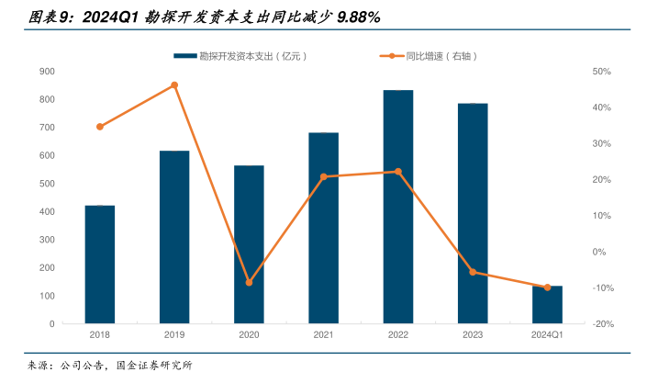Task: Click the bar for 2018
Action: (x=100, y=265)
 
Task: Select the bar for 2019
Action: (x=174, y=237)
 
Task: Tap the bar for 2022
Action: (x=397, y=207)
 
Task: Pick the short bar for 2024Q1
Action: (x=547, y=305)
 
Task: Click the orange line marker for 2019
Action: (x=174, y=85)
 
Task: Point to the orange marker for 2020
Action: (x=249, y=283)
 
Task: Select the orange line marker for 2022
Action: (x=397, y=172)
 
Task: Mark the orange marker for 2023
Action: (x=473, y=272)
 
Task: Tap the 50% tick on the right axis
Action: (x=602, y=72)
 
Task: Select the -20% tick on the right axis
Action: (x=602, y=324)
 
